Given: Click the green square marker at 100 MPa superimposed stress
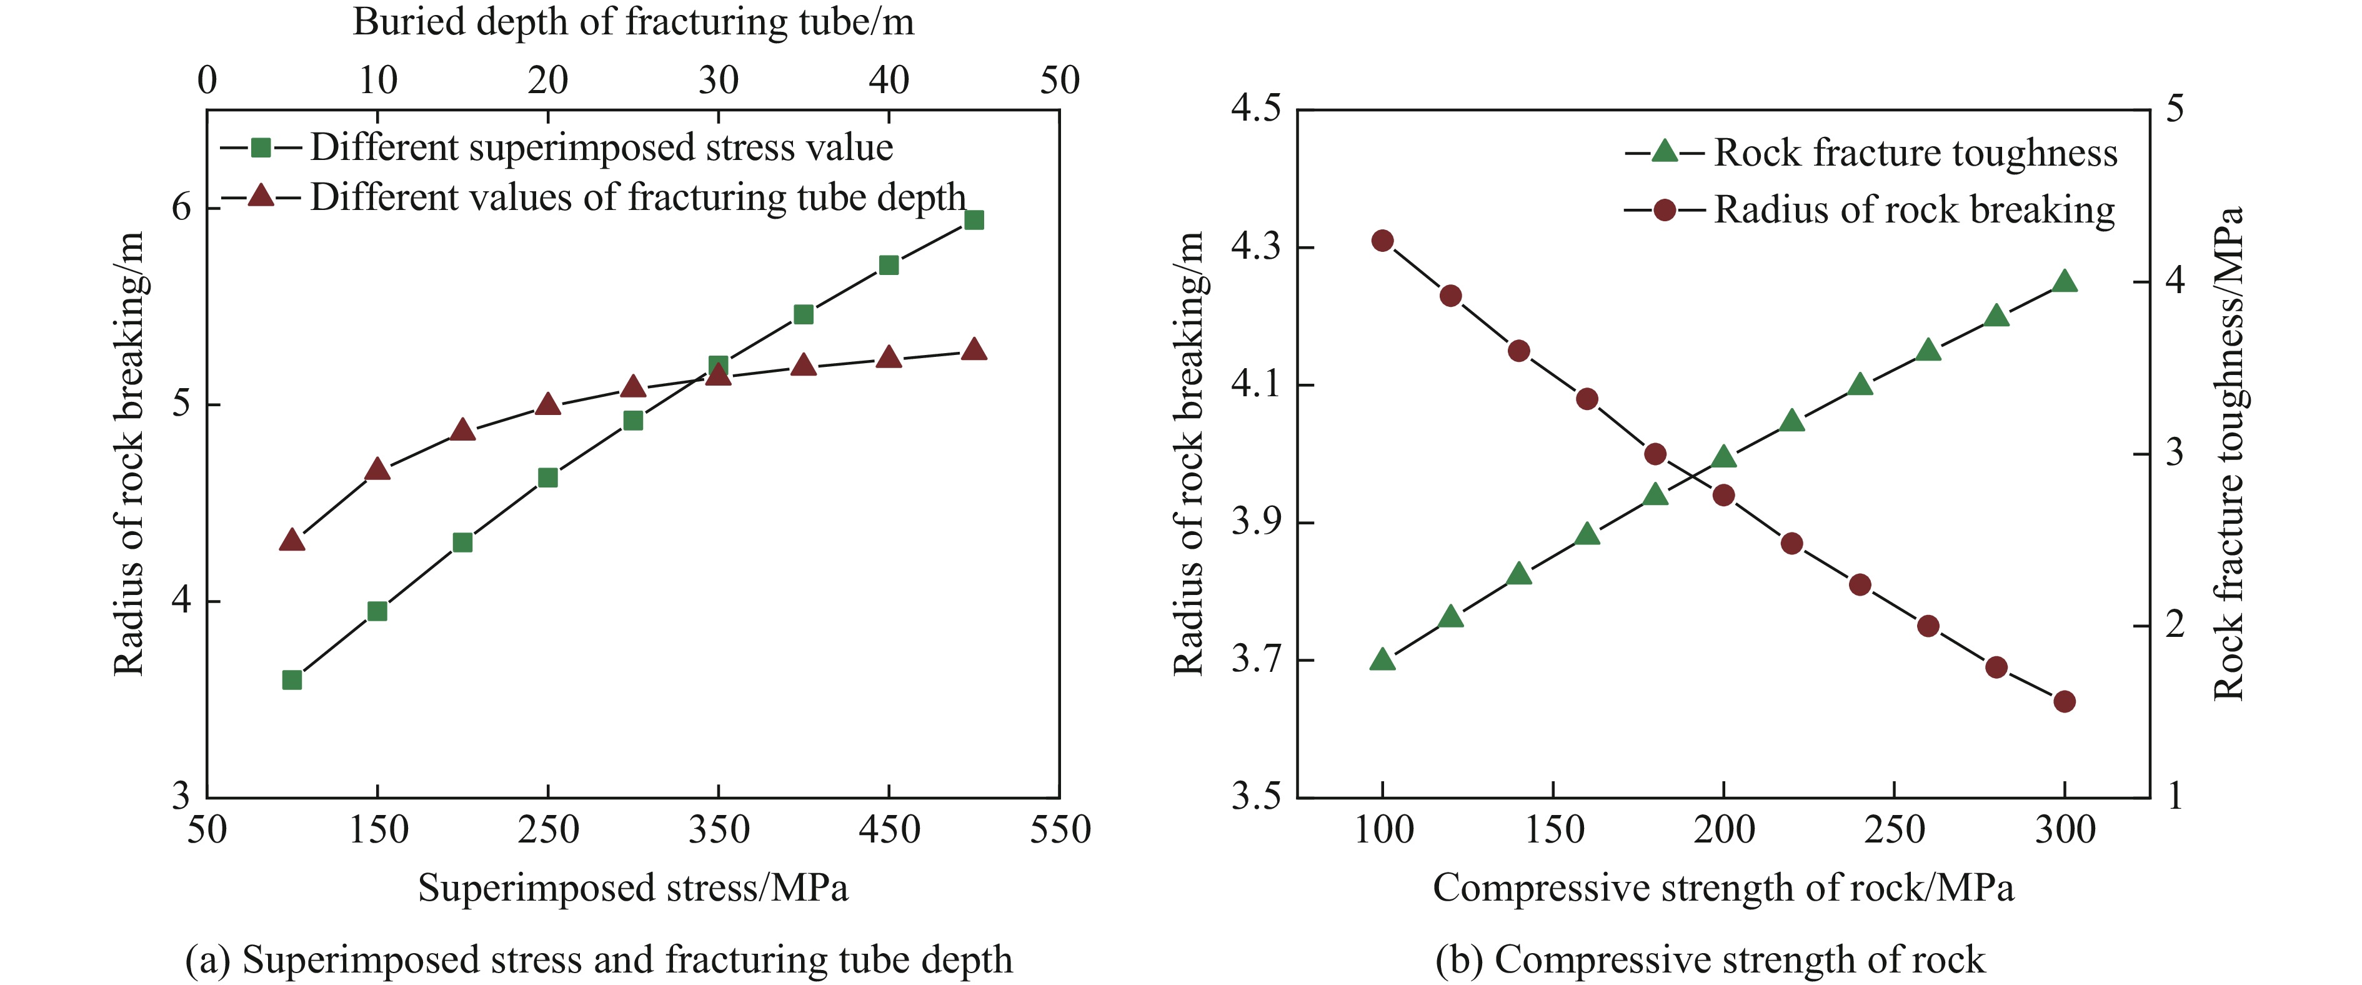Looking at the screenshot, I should click(292, 679).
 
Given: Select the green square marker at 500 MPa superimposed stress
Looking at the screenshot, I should click(974, 220).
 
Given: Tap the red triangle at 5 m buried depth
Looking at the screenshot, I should click(292, 540).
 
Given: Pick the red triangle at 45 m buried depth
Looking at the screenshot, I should click(974, 349).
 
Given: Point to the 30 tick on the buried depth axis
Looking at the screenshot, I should click(718, 81).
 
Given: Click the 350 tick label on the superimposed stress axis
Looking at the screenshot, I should click(718, 830).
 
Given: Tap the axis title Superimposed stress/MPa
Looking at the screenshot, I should click(632, 887).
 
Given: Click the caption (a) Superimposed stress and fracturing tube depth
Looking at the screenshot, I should click(599, 959).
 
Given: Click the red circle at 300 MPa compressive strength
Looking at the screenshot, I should click(2065, 702).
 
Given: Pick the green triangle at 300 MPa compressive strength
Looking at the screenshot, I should click(2065, 281).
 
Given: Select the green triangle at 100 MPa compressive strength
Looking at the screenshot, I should click(1383, 659).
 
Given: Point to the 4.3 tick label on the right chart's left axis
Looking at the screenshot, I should click(1255, 247).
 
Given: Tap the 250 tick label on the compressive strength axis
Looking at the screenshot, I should click(1895, 830).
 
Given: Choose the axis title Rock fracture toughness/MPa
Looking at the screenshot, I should click(2228, 454).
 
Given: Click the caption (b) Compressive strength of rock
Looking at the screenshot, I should click(1710, 959).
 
